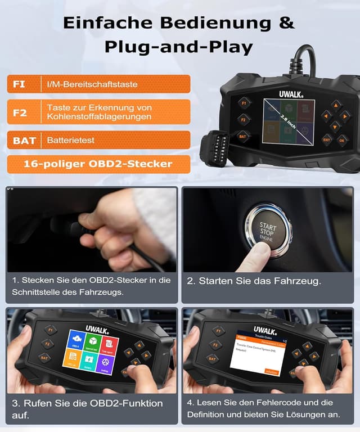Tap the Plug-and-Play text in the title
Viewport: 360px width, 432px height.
[179, 47]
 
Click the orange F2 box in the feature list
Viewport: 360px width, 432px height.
[20, 112]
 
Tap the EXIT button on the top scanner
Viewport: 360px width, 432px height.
[327, 139]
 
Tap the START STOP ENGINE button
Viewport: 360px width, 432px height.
[267, 231]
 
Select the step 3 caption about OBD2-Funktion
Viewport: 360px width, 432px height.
[87, 408]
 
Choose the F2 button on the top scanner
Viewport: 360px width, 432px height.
[243, 119]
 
